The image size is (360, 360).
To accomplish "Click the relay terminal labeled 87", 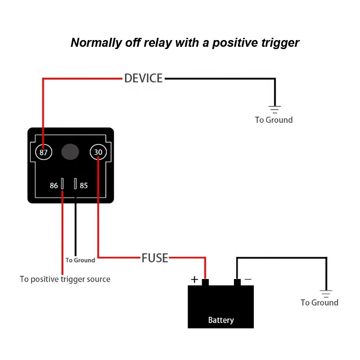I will [x=44, y=152].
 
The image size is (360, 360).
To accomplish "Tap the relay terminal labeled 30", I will [x=98, y=152].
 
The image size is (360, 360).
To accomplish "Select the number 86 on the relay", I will [x=54, y=185].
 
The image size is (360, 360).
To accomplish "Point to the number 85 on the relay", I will [x=84, y=185].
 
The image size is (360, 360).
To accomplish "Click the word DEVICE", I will [x=143, y=78].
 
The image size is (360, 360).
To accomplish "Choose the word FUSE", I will [x=155, y=258].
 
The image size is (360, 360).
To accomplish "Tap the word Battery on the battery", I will [x=221, y=320].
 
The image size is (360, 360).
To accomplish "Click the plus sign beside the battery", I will [x=194, y=279].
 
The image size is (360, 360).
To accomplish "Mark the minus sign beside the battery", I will [x=248, y=279].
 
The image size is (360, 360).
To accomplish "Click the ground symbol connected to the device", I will [x=274, y=108].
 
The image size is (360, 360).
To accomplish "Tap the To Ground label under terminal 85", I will [x=80, y=260].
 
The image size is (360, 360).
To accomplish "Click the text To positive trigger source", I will [x=65, y=279].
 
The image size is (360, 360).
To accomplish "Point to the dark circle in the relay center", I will [x=70, y=152].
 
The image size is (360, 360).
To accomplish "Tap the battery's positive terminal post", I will [x=205, y=283].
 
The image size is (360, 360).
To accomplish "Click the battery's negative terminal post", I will [x=237, y=283].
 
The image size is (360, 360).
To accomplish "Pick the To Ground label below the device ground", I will [x=274, y=120].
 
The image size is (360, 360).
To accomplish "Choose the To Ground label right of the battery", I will [x=319, y=302].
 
